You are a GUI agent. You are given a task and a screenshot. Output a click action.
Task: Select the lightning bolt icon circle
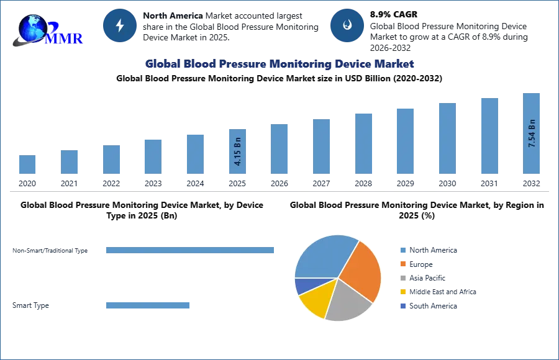[120, 25]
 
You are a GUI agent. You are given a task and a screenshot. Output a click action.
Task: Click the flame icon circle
[347, 25]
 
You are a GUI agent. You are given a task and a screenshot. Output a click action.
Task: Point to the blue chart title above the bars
[279, 64]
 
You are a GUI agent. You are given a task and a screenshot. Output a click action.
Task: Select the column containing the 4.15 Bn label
[238, 151]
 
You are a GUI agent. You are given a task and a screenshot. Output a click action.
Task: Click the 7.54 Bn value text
[532, 132]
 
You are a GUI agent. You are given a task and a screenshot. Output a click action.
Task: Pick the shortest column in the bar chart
[27, 164]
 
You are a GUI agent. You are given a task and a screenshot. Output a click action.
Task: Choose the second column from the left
[70, 161]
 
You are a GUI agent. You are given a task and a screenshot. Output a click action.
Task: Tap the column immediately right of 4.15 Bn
[278, 149]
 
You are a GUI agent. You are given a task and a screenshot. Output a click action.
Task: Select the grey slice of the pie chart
[348, 301]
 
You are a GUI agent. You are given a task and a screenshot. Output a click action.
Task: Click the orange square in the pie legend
[402, 264]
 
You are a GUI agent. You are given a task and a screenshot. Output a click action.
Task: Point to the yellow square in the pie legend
[402, 292]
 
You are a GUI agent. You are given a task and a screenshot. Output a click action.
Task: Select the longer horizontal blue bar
[191, 249]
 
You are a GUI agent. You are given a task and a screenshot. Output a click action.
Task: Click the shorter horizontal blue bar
[149, 305]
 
